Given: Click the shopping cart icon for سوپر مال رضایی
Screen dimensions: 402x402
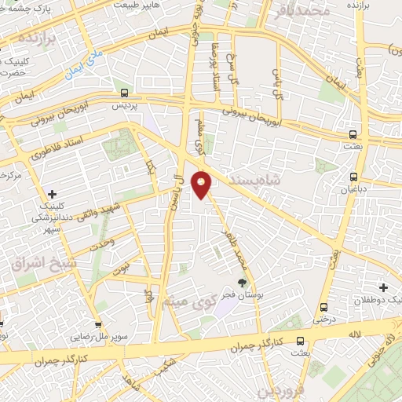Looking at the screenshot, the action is tap(97, 323).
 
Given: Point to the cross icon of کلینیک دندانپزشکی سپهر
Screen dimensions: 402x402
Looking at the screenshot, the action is tap(52, 193).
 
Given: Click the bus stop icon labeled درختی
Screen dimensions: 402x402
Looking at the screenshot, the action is tap(322, 306).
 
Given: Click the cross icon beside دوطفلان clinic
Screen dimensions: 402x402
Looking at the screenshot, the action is tap(383, 287).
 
